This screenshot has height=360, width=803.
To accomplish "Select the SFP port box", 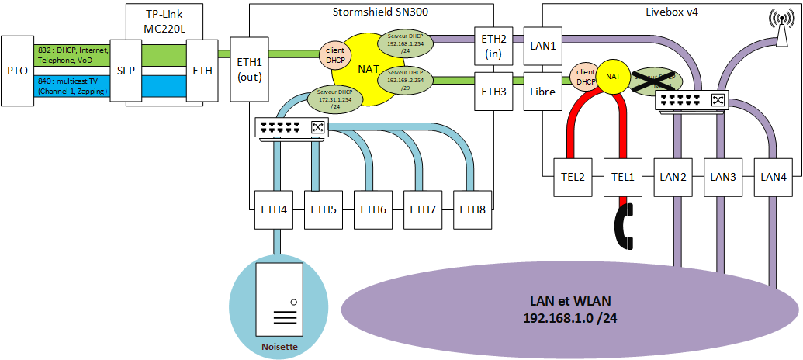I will (126, 71).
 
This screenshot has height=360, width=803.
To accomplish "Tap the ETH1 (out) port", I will (250, 69).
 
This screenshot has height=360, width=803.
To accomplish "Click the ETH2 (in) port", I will (493, 46).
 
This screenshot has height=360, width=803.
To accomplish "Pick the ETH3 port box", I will (493, 91).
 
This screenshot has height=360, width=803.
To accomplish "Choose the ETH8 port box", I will (472, 209).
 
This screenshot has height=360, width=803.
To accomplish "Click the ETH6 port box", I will (372, 209).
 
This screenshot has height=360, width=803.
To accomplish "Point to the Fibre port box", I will (542, 91).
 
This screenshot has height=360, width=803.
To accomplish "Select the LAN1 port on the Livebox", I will (542, 46).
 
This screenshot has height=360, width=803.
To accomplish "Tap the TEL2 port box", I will (573, 177).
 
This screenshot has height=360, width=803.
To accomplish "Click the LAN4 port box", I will (773, 177).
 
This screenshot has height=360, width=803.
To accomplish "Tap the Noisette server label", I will (280, 347).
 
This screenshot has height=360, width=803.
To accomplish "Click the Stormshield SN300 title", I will (369, 11).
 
